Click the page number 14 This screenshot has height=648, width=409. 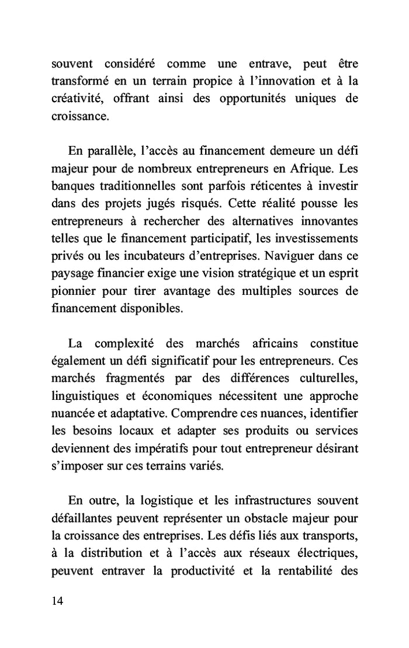(x=57, y=602)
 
